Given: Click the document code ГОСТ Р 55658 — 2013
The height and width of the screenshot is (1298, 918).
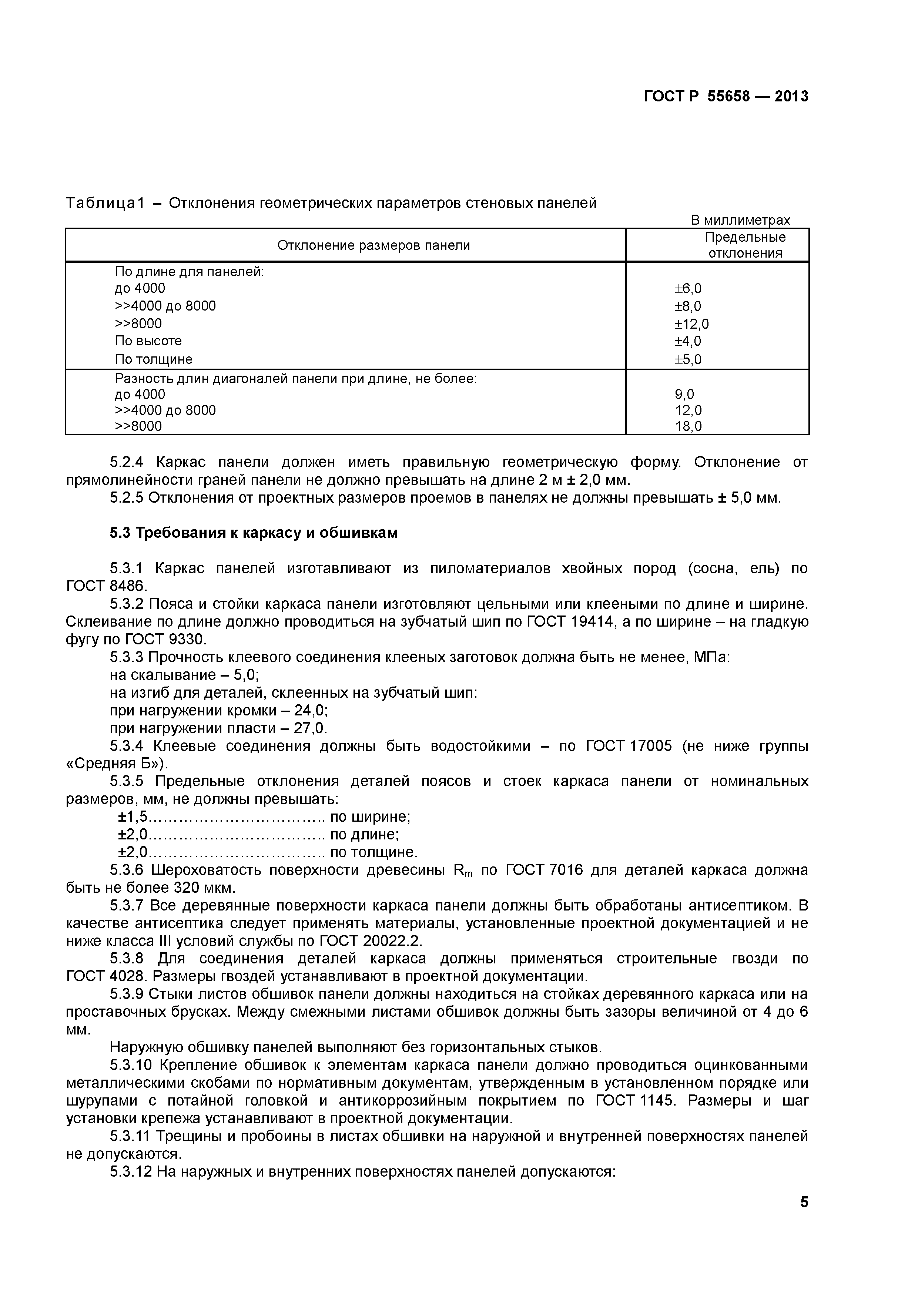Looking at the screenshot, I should [726, 97].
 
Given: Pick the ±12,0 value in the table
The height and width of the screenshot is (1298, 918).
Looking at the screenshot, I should [691, 324].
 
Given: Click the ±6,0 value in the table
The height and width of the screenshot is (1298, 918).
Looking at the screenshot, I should [687, 289].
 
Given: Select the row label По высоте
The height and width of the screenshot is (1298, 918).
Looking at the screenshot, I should [148, 341].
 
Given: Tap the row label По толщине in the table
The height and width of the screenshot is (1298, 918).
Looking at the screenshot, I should [153, 359].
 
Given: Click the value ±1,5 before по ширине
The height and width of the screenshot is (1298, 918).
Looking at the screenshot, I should [132, 817].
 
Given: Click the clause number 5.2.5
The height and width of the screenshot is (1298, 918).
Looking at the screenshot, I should [127, 498].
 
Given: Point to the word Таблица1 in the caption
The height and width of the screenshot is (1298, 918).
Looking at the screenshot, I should [105, 203].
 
